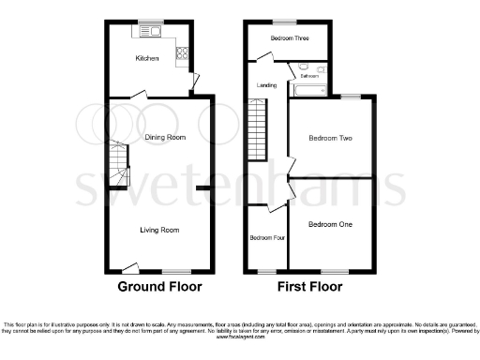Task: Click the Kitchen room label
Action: pos(147,59)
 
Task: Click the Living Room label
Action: pos(159,229)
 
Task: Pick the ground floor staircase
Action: pos(117,165)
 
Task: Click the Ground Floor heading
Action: pos(159,286)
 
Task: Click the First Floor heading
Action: pos(310,286)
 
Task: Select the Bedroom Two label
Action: pos(330,138)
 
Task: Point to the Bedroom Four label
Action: pos(265,237)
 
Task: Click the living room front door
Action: pos(123,266)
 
